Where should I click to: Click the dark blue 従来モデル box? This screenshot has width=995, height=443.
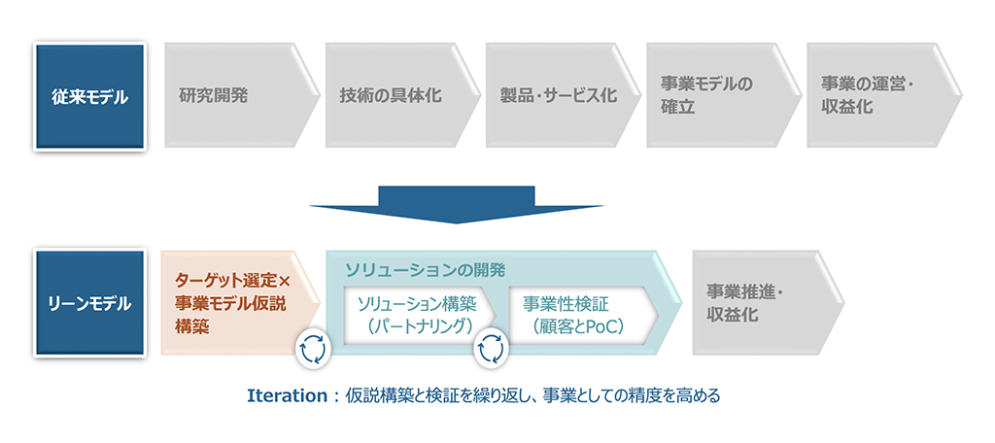tap(89, 96)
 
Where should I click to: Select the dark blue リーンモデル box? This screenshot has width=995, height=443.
tap(89, 303)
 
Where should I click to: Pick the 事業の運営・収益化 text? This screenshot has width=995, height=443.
tap(858, 96)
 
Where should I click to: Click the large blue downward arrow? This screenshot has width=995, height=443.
tap(457, 204)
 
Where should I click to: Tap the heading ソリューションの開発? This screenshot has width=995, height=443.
tap(425, 270)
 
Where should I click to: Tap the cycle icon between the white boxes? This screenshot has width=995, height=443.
tap(491, 349)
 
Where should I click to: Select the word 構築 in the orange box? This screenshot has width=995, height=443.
tap(191, 327)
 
